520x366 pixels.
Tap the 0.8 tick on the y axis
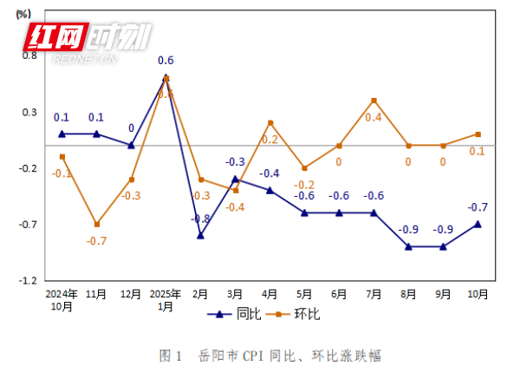(x=29, y=56)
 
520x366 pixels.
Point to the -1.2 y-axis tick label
(x=28, y=281)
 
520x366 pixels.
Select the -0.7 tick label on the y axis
(x=28, y=225)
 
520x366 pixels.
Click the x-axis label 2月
(x=200, y=294)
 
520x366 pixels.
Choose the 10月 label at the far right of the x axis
(x=478, y=294)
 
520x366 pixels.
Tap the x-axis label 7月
(x=374, y=294)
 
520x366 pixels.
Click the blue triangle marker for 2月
(x=200, y=235)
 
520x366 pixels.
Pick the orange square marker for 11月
(x=96, y=225)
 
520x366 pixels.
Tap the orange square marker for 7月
(x=374, y=101)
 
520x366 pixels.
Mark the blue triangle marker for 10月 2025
(x=478, y=224)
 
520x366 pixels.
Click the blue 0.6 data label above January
(x=166, y=61)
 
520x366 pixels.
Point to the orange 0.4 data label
(x=374, y=117)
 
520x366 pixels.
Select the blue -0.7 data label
(x=478, y=207)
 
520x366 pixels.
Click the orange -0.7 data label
(x=96, y=241)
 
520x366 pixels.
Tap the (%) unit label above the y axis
(x=23, y=14)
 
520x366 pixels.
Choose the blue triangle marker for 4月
(x=270, y=190)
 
